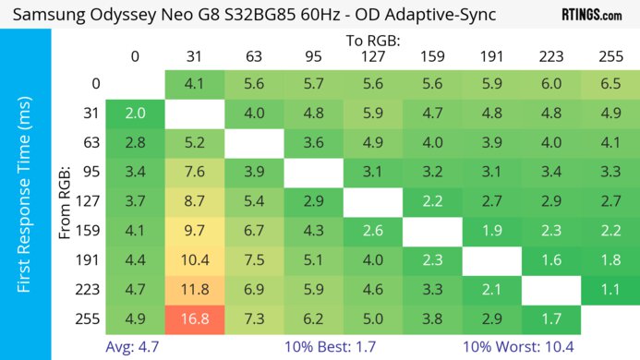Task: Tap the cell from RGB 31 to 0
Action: (x=135, y=113)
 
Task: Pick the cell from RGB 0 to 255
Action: (x=608, y=82)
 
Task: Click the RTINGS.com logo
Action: (x=591, y=15)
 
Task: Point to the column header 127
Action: (x=371, y=57)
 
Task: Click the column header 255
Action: (x=608, y=57)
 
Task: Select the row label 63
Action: (x=89, y=142)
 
